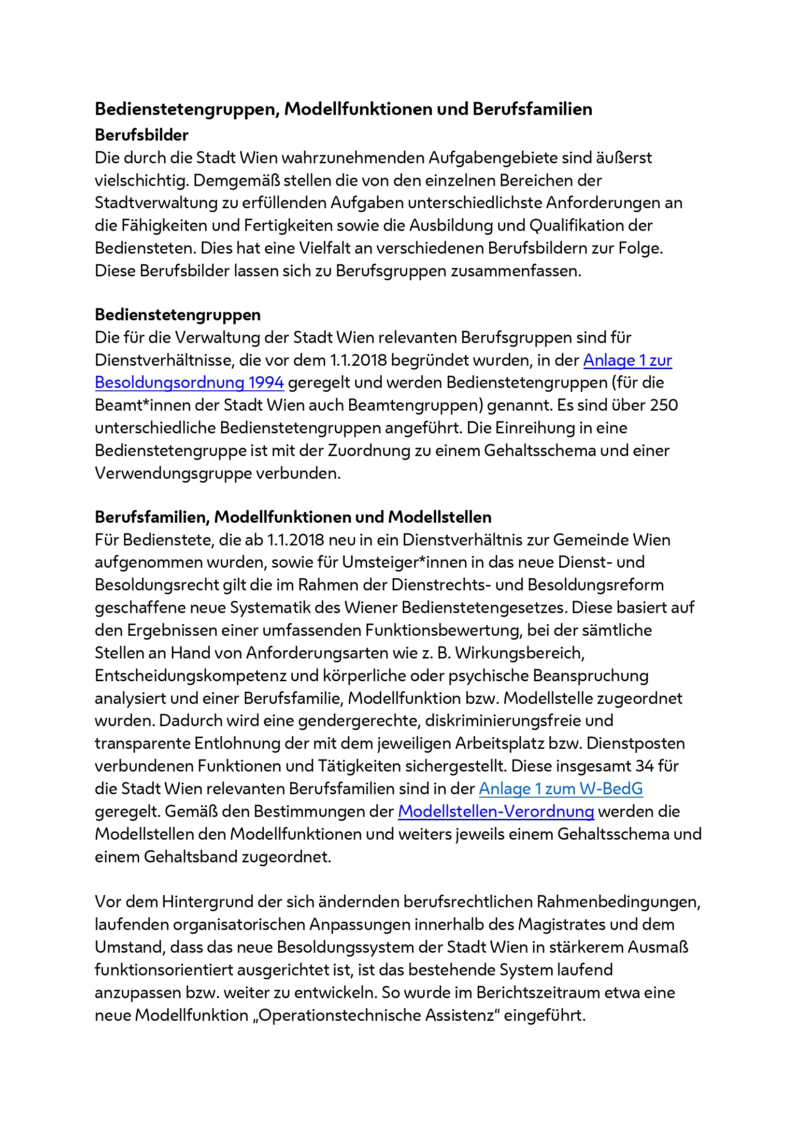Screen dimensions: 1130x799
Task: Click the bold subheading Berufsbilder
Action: (x=141, y=135)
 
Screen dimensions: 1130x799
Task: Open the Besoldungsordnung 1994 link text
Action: (x=189, y=383)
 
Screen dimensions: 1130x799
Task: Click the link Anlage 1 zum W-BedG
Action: (x=560, y=788)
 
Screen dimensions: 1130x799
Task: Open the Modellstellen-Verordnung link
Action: (x=496, y=811)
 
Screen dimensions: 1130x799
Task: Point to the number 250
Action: (x=664, y=405)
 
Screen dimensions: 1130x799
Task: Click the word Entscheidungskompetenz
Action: (x=191, y=676)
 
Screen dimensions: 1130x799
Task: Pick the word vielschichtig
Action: (x=141, y=181)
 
